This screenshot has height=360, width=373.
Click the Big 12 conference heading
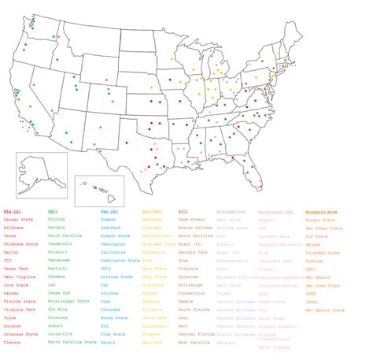point(13,211)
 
